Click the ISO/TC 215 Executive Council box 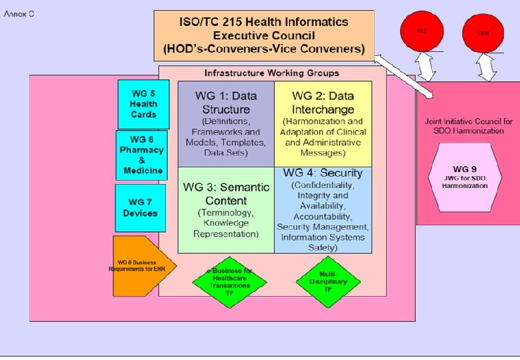coord(264,35)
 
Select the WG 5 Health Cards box coord(143,104)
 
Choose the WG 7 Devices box coord(140,208)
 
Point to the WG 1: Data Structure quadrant coord(226,124)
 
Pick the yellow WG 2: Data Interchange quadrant coord(323,124)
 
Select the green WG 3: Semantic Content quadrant coord(226,209)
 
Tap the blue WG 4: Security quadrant coord(323,209)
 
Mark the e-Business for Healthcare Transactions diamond coord(229,281)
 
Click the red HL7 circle coord(421,32)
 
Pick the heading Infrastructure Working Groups coord(271,73)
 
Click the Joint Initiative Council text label coord(465,126)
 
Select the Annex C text coord(20,14)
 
